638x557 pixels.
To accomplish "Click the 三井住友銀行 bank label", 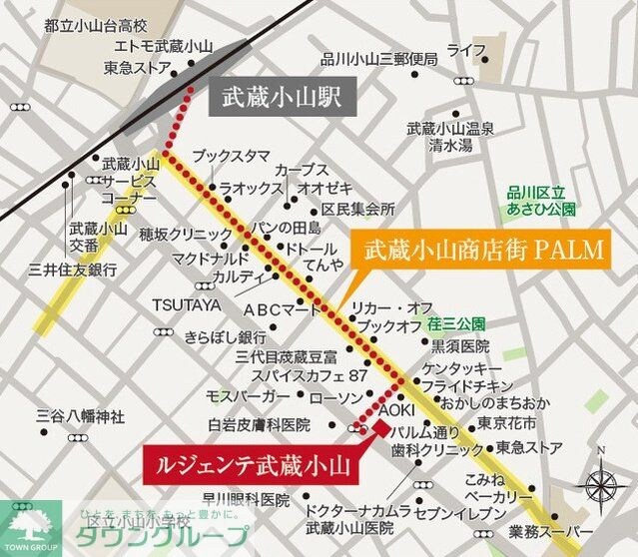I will point(73,269).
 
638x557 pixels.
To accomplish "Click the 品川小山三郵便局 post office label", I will point(379,59).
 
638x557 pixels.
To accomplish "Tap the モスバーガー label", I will point(247,396).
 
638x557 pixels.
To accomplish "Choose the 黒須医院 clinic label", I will point(460,345).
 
